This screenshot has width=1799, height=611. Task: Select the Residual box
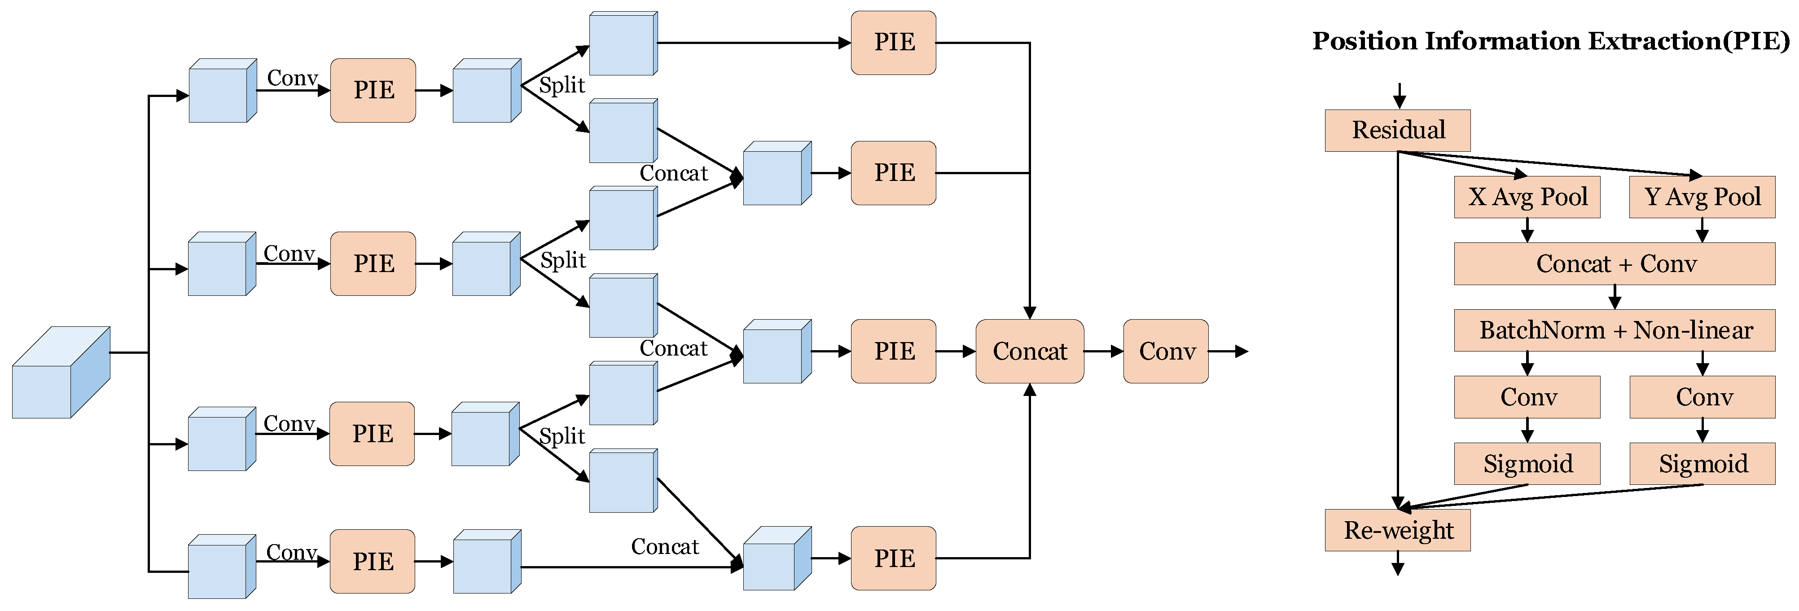[x=1397, y=131]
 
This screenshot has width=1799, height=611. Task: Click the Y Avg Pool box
[x=1702, y=197]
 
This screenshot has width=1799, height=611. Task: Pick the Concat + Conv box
[x=1614, y=264]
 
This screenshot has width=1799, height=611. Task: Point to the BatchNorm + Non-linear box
[x=1614, y=330]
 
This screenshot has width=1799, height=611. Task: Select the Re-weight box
[x=1397, y=530]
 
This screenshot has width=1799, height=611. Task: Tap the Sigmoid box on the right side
[x=1702, y=464]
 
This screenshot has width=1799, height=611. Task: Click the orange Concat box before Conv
[x=1029, y=351]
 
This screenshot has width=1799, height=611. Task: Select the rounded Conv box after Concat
[x=1166, y=351]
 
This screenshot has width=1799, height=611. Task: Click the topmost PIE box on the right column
[x=893, y=43]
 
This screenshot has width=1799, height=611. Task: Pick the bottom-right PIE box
[x=893, y=558]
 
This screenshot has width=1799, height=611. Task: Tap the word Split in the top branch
[x=562, y=85]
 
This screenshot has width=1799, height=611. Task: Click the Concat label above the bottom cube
[x=664, y=547]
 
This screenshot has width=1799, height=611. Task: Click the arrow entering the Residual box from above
[x=1399, y=96]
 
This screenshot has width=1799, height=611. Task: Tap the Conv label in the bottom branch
[x=291, y=552]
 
